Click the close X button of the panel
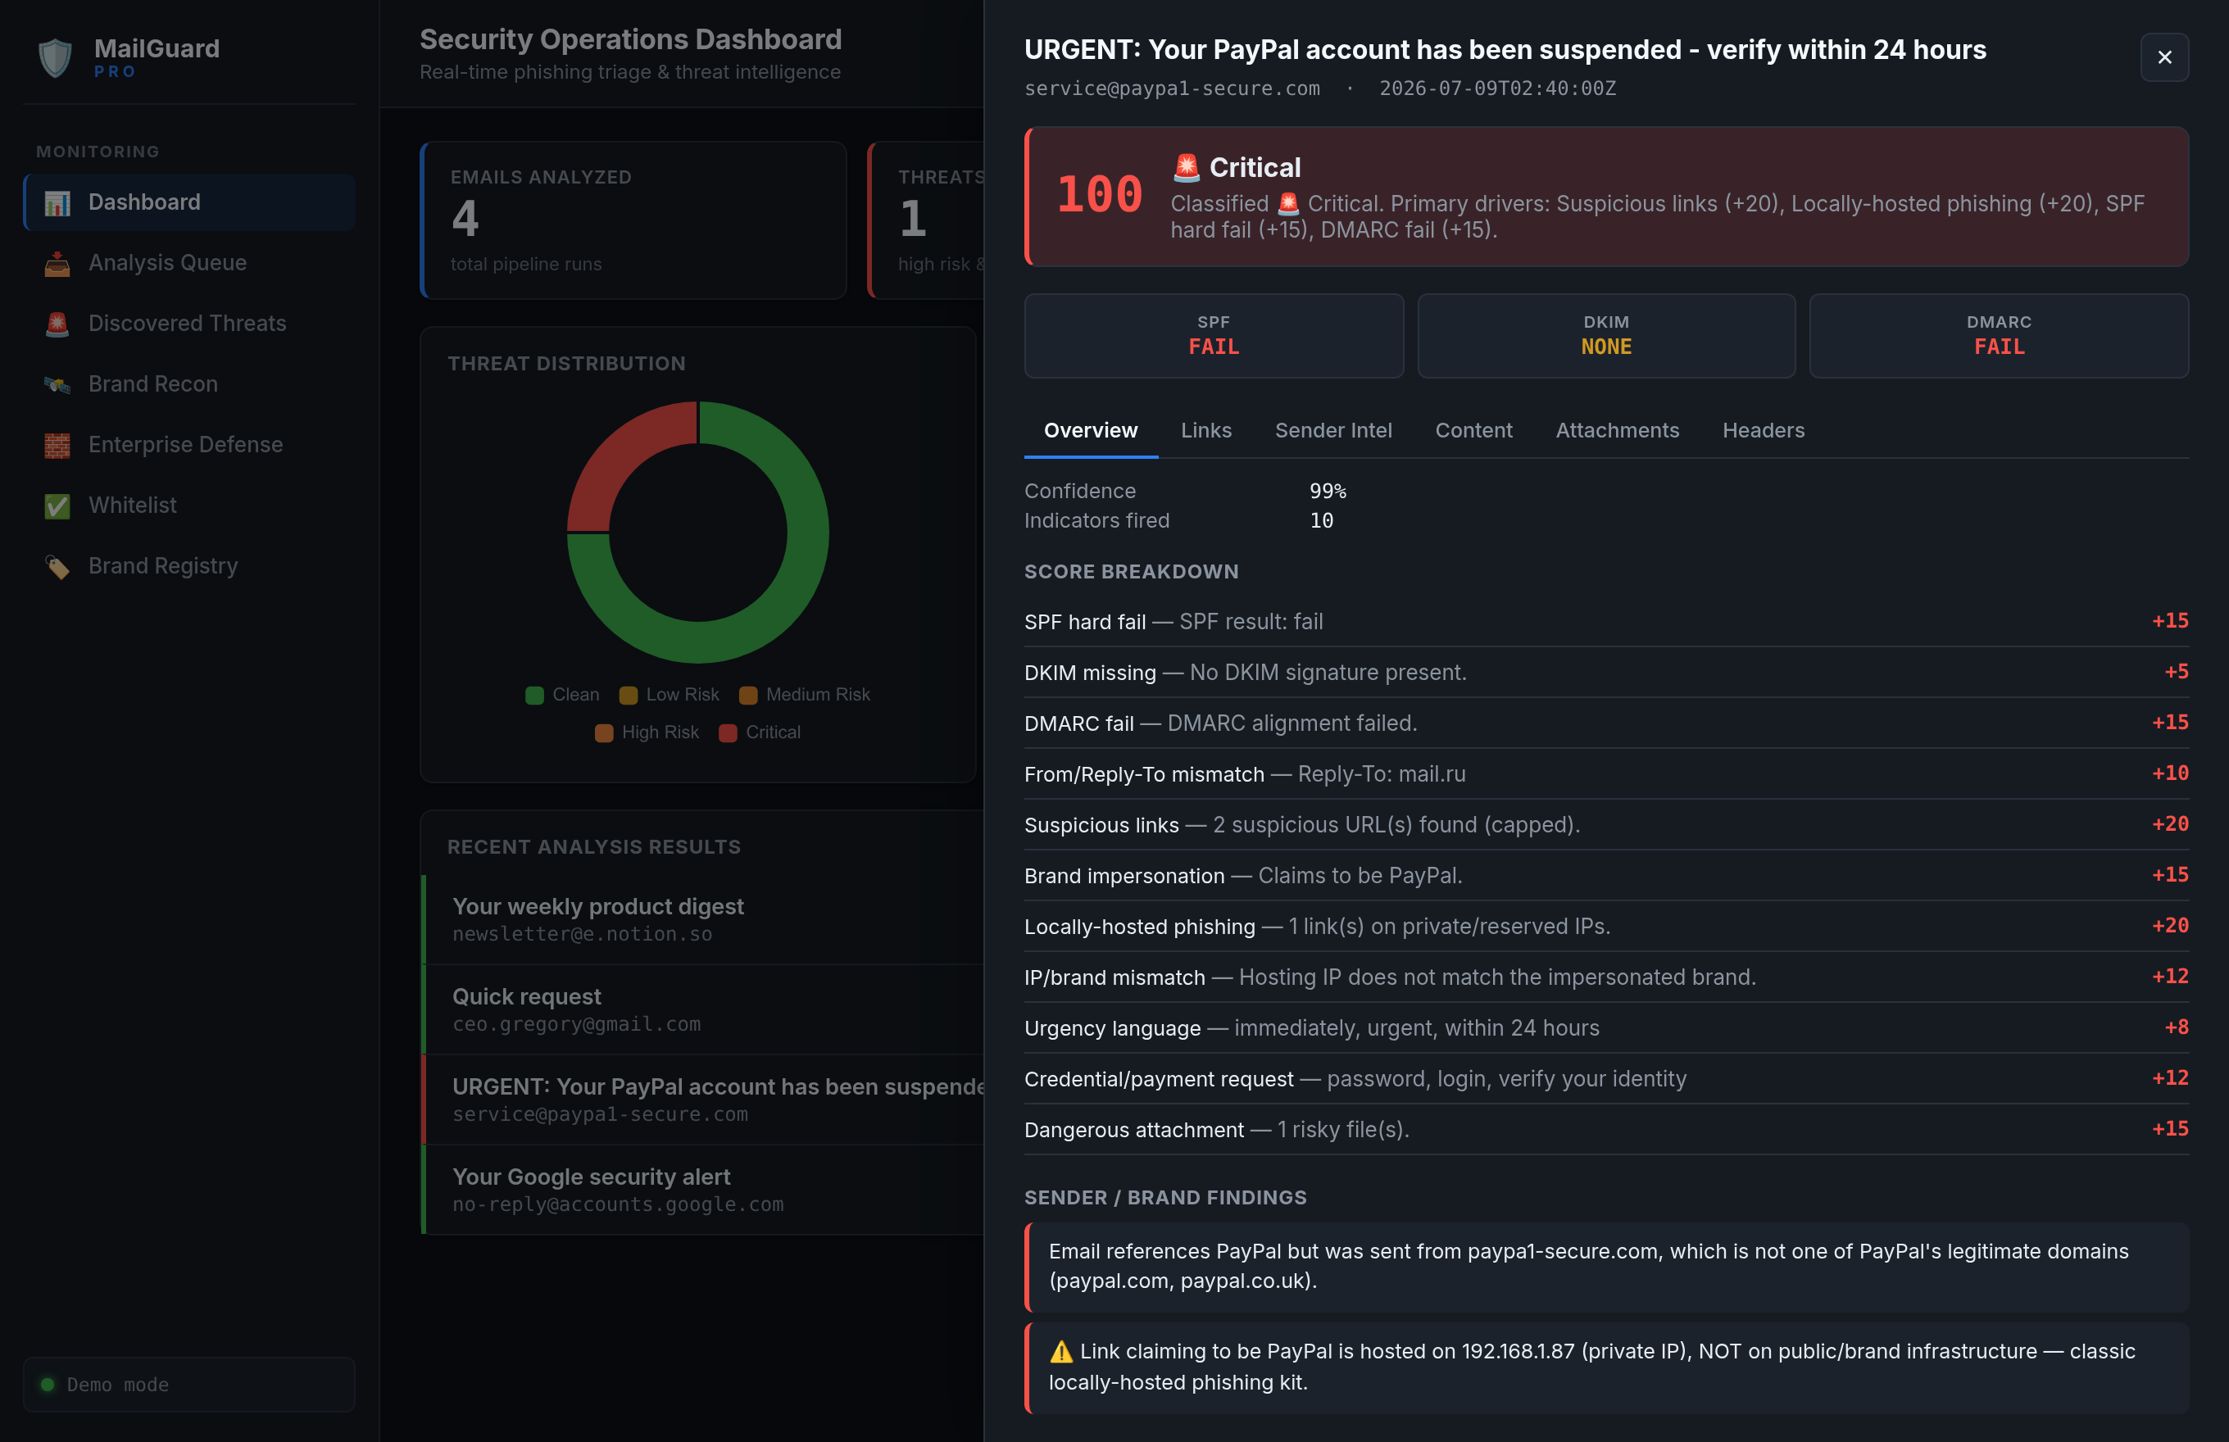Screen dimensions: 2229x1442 tap(2163, 57)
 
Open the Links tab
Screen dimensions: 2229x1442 tap(1205, 430)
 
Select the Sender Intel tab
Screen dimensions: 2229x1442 tap(1332, 430)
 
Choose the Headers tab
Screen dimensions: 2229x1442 tap(1763, 430)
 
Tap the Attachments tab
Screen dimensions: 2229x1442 tap(1617, 430)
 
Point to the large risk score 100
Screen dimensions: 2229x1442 tap(1100, 195)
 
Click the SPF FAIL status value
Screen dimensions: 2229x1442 tap(1213, 347)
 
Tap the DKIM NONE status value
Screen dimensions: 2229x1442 tap(1605, 347)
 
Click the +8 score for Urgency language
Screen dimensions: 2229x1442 tap(2176, 1027)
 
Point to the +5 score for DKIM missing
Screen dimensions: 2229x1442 tap(2176, 671)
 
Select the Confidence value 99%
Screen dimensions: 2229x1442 tap(1327, 491)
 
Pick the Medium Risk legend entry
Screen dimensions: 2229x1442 tap(805, 695)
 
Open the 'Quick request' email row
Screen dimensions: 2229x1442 tap(703, 1009)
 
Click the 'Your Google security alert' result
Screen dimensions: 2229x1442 tap(703, 1189)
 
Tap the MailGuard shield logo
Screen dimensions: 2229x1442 tap(55, 58)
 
